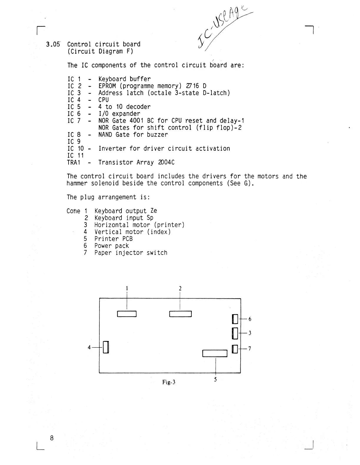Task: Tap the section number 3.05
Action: (53, 45)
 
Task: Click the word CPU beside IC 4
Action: (104, 100)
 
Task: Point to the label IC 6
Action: (74, 114)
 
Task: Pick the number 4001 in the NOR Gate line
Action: (136, 121)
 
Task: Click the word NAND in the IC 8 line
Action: (105, 135)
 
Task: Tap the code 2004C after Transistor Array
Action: (166, 163)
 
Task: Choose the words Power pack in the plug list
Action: (111, 246)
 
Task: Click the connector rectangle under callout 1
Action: (127, 314)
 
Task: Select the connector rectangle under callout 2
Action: (180, 314)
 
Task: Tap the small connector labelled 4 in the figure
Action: (106, 347)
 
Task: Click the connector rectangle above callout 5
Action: (215, 353)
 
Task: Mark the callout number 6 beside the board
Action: (250, 319)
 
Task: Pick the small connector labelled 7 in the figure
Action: (235, 349)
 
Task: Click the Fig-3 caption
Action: (169, 382)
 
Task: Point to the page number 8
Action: (52, 438)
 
